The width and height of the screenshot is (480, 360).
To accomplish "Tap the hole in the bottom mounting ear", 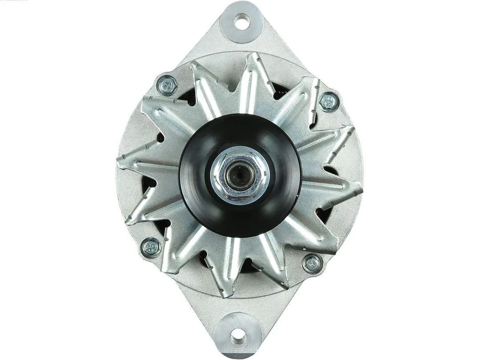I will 238,335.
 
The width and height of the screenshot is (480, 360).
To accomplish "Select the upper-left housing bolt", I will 167,85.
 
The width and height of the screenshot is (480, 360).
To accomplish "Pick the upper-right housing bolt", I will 329,101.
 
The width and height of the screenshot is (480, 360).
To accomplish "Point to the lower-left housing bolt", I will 151,246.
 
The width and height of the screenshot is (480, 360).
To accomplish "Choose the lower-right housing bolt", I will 312,263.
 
